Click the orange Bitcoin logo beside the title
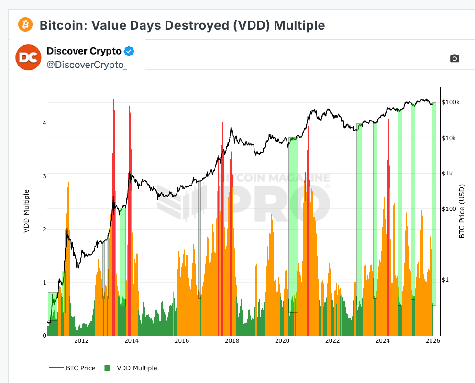click(x=25, y=24)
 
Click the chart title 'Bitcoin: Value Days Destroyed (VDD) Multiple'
click(x=182, y=25)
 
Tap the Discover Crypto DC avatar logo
click(x=28, y=57)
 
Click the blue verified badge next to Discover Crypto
click(x=129, y=51)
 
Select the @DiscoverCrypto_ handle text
click(x=87, y=65)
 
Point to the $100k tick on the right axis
click(x=451, y=102)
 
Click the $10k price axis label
click(x=449, y=138)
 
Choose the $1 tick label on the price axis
click(x=445, y=280)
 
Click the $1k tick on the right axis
click(x=447, y=174)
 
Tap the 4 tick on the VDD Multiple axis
click(x=44, y=123)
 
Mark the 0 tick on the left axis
click(x=44, y=335)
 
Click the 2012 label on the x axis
click(x=81, y=341)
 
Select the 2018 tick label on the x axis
click(x=232, y=341)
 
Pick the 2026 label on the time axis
click(x=432, y=341)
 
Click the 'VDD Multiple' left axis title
click(x=27, y=211)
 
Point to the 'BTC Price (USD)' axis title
click(x=462, y=211)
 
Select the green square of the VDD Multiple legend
click(x=108, y=368)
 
